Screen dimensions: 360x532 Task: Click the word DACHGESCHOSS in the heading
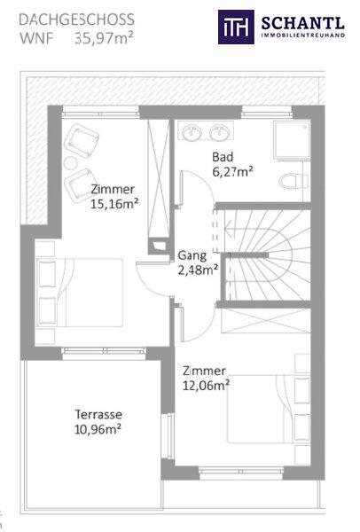tap(76, 20)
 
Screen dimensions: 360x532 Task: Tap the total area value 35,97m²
tap(104, 38)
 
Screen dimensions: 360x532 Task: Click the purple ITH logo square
tap(236, 27)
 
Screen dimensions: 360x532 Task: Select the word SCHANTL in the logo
tap(303, 23)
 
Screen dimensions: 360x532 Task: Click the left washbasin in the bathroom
tap(192, 131)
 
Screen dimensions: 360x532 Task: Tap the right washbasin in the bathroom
tap(219, 131)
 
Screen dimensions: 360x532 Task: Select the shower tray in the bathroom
tap(292, 139)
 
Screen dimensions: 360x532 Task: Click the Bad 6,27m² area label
tap(233, 165)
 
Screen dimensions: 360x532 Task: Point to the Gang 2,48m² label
tap(198, 262)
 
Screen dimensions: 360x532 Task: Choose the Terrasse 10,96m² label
tap(98, 422)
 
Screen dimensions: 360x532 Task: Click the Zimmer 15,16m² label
tap(114, 197)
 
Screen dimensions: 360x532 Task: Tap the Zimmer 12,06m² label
tap(206, 378)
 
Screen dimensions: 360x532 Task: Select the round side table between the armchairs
tap(71, 163)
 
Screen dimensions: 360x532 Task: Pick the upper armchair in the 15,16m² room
tap(82, 140)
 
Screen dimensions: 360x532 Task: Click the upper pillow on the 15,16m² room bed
tap(47, 274)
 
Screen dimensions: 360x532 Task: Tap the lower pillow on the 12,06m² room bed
tap(303, 427)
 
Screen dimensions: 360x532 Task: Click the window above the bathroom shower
tap(267, 112)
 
